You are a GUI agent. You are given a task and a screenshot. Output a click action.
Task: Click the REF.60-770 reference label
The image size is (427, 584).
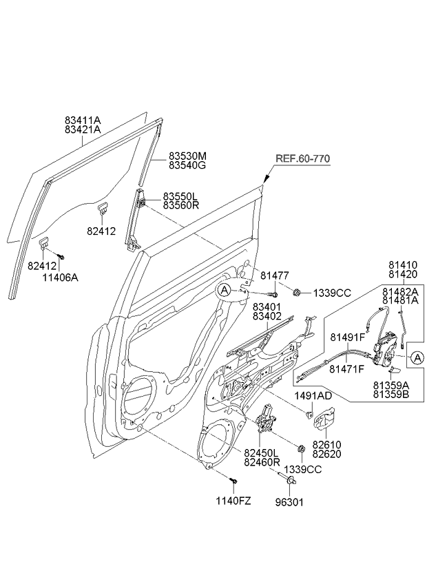pos(302,158)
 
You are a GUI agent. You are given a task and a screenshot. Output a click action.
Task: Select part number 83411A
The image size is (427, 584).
pos(82,119)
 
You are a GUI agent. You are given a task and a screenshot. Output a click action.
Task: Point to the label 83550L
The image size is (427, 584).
pos(180,196)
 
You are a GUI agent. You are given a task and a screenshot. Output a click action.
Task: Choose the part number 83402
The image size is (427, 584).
pos(267,316)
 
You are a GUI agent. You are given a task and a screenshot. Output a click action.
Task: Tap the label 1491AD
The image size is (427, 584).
pos(313,396)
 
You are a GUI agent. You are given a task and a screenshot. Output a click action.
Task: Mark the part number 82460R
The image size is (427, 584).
pos(262,461)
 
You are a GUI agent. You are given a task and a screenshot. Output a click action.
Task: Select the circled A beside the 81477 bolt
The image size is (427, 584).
pos(225,291)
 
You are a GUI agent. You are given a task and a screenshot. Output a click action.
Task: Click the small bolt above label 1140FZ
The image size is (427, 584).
pos(234,479)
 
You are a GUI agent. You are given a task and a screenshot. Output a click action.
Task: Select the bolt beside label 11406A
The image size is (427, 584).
pos(61,256)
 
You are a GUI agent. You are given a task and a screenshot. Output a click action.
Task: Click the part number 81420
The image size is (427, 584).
pos(402,273)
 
